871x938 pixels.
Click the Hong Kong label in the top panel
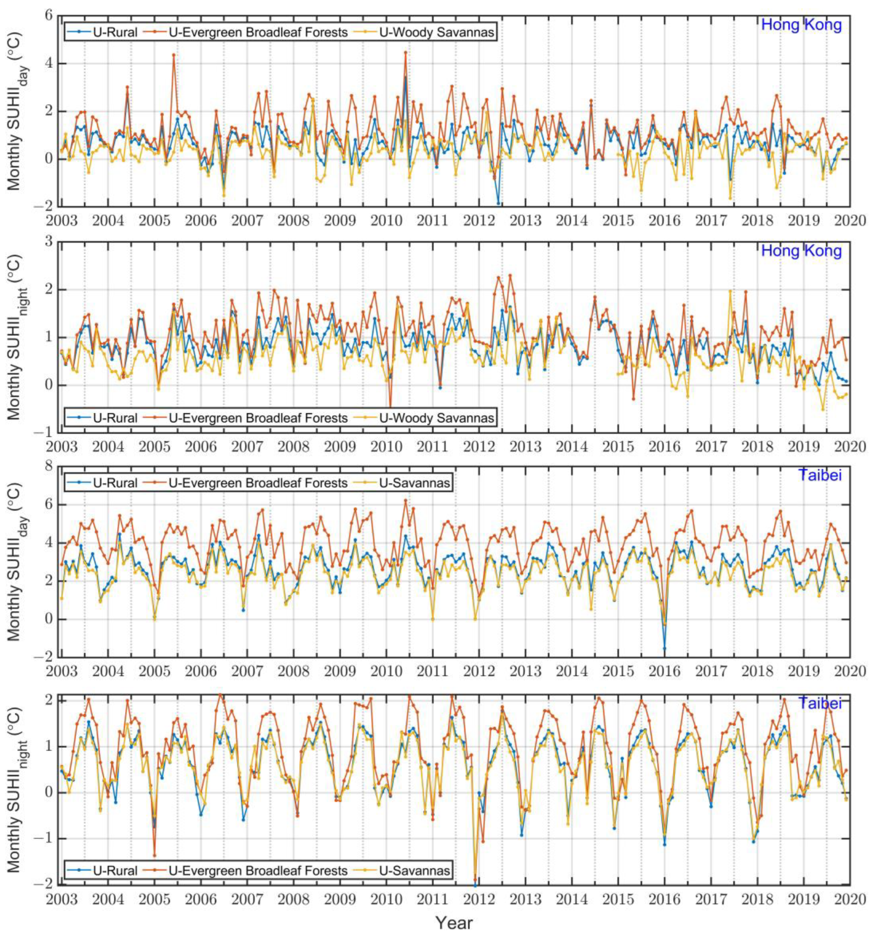(x=801, y=25)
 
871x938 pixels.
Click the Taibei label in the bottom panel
(x=820, y=703)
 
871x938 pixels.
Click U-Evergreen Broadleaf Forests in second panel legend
(x=258, y=418)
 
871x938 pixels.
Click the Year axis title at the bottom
(x=453, y=922)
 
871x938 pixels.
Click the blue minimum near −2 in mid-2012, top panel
(x=498, y=203)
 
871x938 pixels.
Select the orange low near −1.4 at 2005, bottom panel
(x=154, y=855)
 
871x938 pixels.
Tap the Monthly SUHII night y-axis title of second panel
(x=15, y=337)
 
